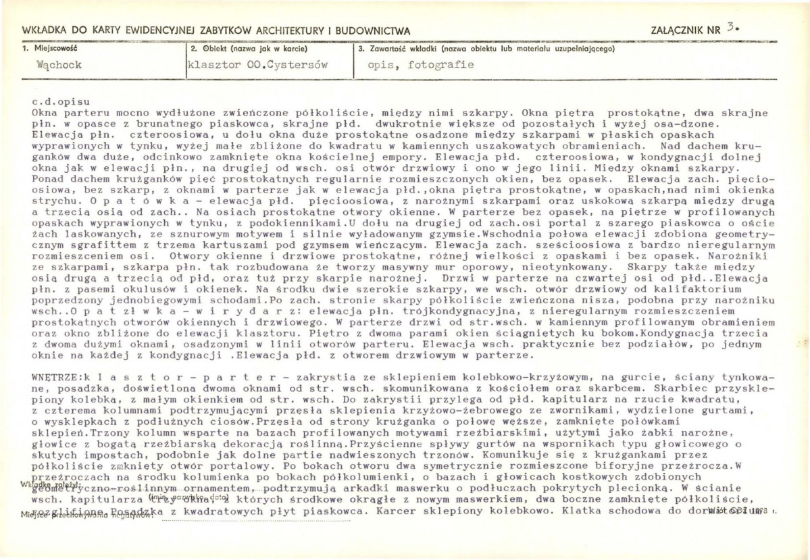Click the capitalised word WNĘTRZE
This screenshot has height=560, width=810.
coord(55,375)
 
